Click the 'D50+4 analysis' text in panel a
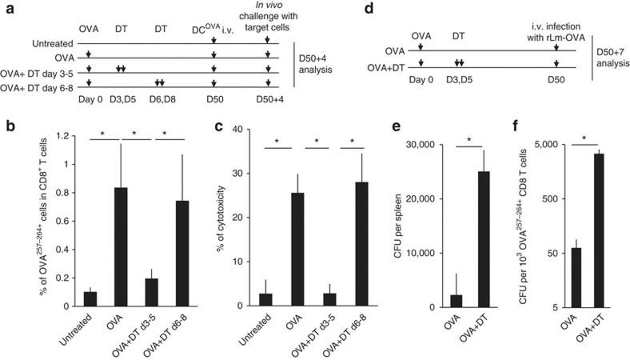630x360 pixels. coord(321,65)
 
